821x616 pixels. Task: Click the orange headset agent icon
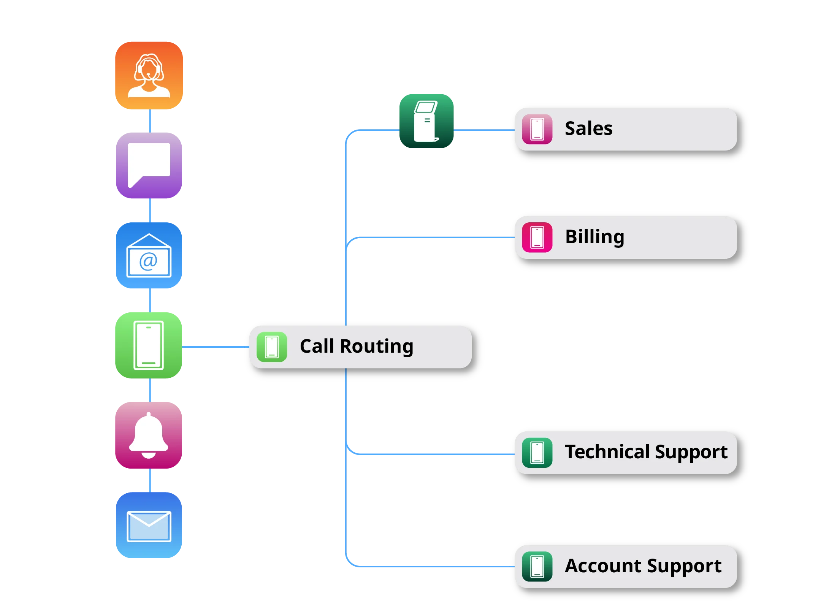(149, 75)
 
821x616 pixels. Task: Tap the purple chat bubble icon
(149, 165)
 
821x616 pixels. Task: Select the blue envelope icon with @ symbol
(149, 255)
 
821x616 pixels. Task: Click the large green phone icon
(149, 345)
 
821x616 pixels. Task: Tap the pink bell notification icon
(149, 435)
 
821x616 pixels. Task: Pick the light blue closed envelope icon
(149, 526)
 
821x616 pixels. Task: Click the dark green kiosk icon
(427, 120)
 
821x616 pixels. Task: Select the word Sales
(588, 128)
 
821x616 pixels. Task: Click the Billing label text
(594, 237)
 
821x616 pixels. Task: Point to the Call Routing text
(356, 346)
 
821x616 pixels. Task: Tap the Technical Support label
(646, 452)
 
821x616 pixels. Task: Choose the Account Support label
(643, 566)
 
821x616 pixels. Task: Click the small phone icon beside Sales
(537, 129)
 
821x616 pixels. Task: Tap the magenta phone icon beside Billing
(537, 238)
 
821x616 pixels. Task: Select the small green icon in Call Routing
(272, 347)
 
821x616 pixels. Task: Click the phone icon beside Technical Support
(537, 453)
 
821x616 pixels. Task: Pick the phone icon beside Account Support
(537, 567)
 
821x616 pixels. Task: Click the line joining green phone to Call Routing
(215, 347)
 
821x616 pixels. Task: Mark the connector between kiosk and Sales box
(484, 130)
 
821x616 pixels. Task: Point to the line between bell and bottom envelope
(151, 481)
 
